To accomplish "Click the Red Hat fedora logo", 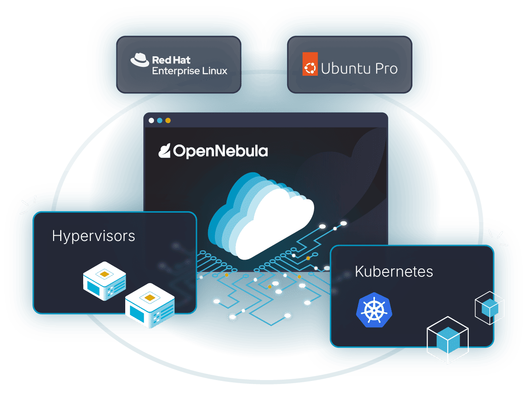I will coord(140,60).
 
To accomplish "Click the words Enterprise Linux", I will coord(189,71).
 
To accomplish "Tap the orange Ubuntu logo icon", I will coord(310,64).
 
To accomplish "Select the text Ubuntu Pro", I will coord(359,69).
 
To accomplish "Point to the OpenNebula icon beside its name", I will coord(165,151).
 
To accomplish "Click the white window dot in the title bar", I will coord(151,120).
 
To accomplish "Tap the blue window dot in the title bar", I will coord(159,120).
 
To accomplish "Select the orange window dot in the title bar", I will coord(167,120).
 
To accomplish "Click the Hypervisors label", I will coord(93,236).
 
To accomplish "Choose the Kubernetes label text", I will coord(394,271).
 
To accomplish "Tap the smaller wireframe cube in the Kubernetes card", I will coord(489,307).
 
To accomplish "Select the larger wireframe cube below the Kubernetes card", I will coord(447,340).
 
